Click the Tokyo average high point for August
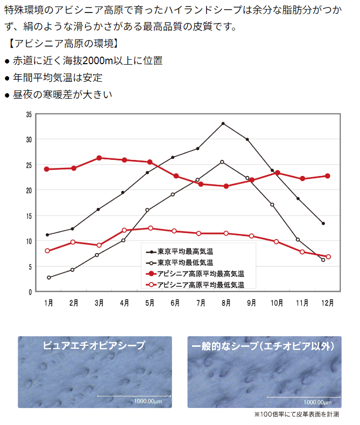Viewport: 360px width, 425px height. coord(223,124)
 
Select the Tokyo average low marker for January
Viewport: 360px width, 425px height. coord(49,278)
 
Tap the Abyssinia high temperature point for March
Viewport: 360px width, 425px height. coord(99,158)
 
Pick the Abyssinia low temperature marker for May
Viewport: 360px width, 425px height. coord(150,228)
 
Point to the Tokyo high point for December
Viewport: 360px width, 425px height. coord(323,224)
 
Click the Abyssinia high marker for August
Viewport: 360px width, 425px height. coord(226,186)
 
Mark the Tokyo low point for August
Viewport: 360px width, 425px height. coord(222,162)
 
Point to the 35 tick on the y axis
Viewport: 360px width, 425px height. coord(29,115)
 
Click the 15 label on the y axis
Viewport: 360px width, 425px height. coord(29,217)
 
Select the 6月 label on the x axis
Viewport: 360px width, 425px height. coord(175,303)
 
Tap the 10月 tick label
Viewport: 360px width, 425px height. coord(277,303)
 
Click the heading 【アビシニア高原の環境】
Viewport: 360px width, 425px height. coord(64,44)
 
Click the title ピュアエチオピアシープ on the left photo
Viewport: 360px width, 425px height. coord(94,346)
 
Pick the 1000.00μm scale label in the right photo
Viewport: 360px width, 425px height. coord(317,402)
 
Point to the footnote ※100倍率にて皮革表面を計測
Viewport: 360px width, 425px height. coord(296,414)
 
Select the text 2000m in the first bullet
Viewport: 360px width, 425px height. coord(98,61)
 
